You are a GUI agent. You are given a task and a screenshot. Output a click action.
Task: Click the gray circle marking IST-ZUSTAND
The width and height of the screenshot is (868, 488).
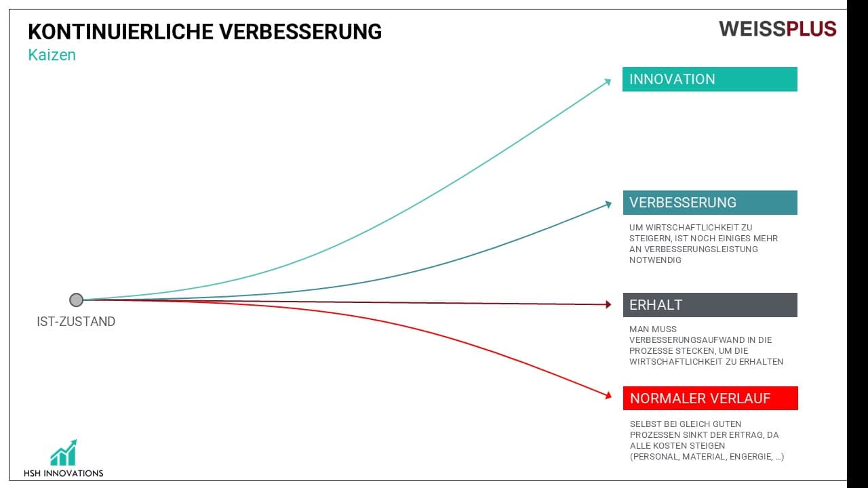click(77, 300)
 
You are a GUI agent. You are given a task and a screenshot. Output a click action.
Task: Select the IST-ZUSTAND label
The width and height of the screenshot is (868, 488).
click(76, 321)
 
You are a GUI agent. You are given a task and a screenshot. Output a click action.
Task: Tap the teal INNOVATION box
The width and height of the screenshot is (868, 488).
click(710, 79)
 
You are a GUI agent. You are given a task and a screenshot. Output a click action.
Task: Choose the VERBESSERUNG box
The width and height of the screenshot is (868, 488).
click(710, 203)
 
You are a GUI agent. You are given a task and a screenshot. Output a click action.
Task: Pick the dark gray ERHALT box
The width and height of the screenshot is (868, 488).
click(710, 305)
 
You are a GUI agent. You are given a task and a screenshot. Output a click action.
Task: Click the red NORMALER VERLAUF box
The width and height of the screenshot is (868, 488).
click(710, 398)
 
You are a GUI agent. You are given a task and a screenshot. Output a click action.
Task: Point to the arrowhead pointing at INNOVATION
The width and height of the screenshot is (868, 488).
click(608, 82)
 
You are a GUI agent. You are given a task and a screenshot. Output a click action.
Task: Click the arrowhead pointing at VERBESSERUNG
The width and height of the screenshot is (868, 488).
click(608, 204)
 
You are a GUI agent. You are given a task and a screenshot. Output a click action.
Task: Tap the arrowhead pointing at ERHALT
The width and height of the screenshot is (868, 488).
click(608, 305)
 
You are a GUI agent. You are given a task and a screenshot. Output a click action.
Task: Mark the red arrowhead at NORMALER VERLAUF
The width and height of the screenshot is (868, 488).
click(608, 395)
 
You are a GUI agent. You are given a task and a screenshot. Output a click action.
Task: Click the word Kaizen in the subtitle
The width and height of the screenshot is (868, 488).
click(52, 55)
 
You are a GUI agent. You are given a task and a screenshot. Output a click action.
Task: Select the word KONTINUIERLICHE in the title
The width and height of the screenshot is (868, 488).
click(121, 32)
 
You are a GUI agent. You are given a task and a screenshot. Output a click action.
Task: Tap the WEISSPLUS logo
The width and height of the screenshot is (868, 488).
click(777, 29)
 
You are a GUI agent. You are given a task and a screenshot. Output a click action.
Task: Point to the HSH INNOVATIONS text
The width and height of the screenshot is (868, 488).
click(64, 473)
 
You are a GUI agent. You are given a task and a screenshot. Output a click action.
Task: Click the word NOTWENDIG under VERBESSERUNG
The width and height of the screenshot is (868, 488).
click(655, 260)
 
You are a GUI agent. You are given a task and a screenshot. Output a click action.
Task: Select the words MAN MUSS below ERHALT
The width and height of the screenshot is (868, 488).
click(653, 329)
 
